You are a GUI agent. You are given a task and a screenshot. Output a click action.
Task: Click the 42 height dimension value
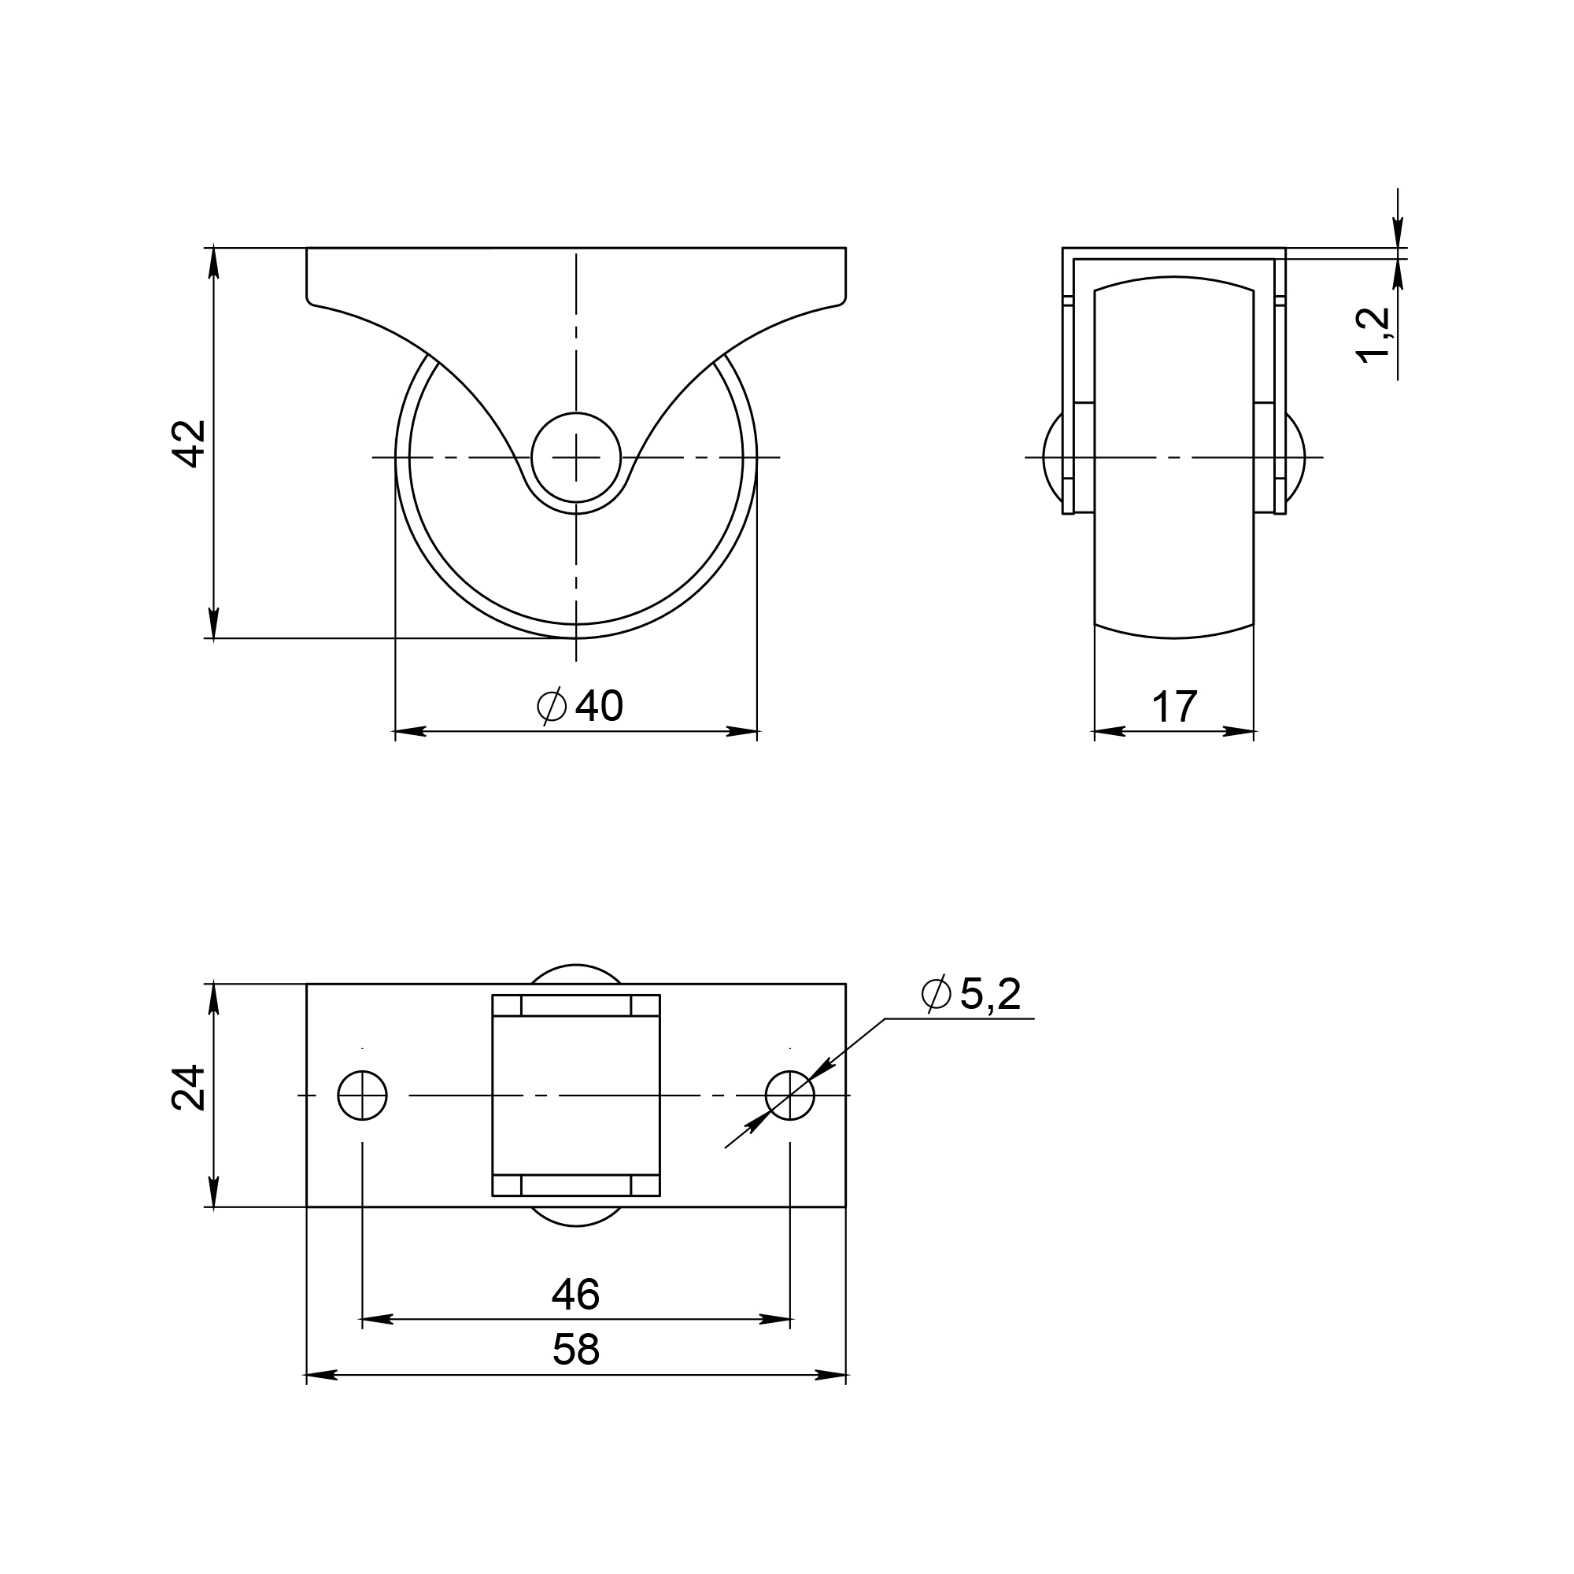click(190, 444)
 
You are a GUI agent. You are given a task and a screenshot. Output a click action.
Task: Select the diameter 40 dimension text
click(581, 705)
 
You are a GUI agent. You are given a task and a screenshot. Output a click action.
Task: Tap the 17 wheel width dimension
click(1174, 707)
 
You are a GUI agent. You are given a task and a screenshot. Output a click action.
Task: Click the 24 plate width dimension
click(189, 1088)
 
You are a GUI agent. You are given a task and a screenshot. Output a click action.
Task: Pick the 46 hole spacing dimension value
click(576, 1294)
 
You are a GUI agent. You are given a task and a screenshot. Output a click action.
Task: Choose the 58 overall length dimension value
click(576, 1350)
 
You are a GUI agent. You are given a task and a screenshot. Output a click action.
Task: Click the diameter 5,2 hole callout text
click(970, 994)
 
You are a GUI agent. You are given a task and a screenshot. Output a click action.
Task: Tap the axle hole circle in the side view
click(576, 458)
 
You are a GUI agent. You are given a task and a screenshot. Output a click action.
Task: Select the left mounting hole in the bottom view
click(363, 1096)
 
